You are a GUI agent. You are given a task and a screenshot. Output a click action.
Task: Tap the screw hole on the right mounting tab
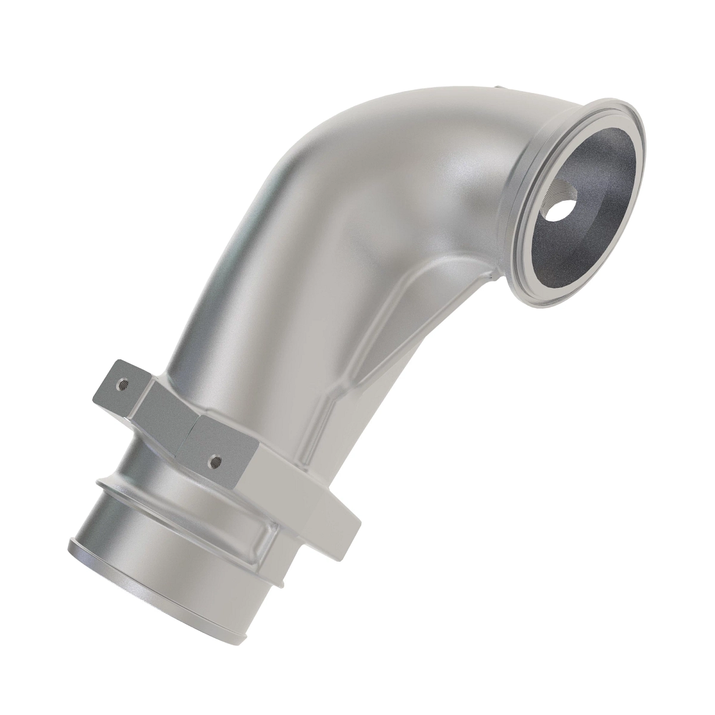pos(216,460)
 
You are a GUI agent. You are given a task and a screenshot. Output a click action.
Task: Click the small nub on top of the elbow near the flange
pos(499,90)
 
